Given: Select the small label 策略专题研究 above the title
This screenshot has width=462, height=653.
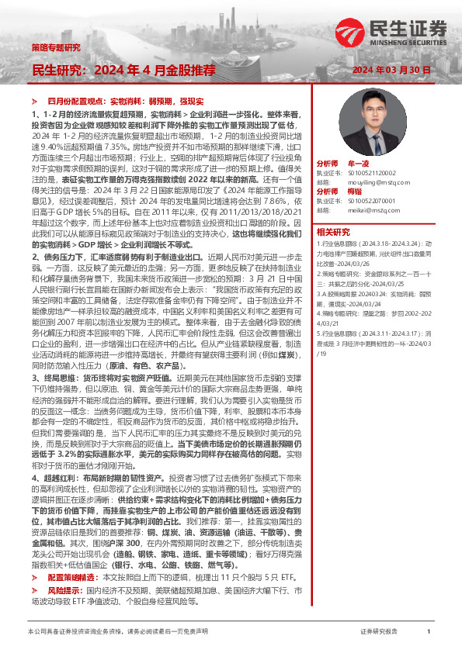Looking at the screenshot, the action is coord(57,48).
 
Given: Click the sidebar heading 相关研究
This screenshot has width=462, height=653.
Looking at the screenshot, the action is coord(334,231).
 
